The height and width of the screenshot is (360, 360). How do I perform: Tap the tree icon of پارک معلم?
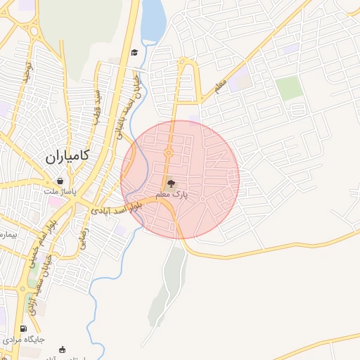[172, 184]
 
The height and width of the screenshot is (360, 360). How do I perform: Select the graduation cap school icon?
[134, 53]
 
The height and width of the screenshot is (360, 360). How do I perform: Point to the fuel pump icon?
[25, 328]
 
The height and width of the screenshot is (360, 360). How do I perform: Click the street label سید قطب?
[100, 105]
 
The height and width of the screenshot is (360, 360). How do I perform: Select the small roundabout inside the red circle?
[169, 153]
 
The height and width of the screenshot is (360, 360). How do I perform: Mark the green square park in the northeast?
[288, 89]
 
